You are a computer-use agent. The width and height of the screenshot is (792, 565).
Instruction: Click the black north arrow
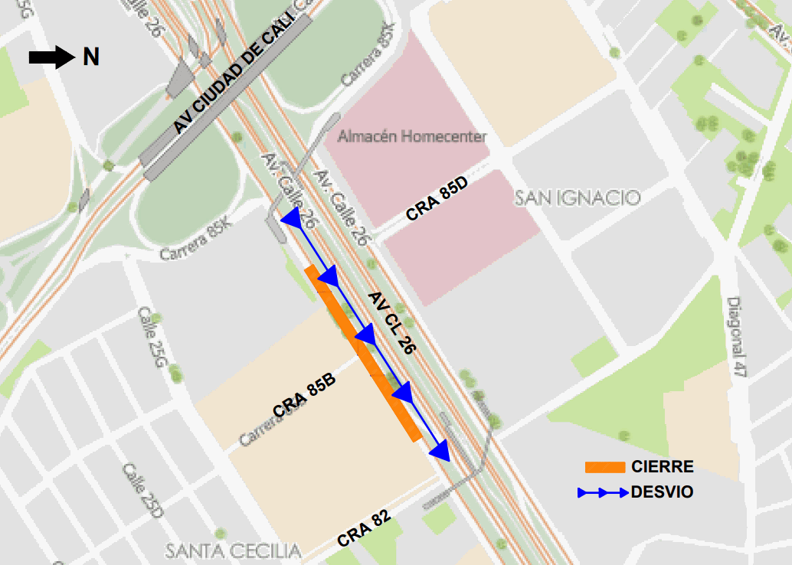coord(50,57)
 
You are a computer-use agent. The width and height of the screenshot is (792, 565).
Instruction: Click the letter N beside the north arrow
coord(91,57)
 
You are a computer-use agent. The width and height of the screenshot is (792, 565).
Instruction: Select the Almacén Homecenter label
coord(412,137)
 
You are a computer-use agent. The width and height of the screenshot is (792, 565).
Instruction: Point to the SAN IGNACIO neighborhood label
coord(577,198)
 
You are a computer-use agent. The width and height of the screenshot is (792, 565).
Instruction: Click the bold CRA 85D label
coord(437,198)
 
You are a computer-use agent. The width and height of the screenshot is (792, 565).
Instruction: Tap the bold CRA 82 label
coord(364,528)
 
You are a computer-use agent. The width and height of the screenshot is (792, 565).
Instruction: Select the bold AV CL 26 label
coord(391,322)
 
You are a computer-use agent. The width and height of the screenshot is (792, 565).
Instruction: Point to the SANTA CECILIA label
coord(234,550)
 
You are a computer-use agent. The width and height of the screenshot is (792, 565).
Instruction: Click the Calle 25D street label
coord(142,491)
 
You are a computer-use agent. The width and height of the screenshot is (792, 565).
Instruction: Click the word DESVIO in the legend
coord(662,492)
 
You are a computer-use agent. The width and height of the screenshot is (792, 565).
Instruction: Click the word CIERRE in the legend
coord(663,467)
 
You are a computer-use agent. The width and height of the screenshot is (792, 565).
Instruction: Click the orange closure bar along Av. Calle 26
coord(363,354)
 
